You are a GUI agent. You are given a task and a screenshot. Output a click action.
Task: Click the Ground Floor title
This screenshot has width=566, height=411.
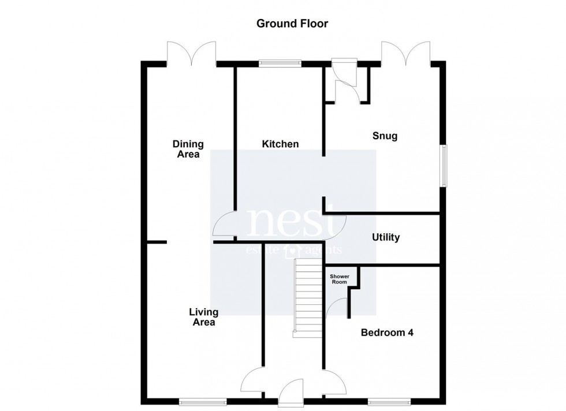292,24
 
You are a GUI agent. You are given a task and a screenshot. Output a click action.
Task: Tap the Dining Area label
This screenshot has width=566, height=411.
188,149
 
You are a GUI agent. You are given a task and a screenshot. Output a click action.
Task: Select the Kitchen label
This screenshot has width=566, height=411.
280,144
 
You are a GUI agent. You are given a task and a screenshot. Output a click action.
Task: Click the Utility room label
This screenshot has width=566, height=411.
386,237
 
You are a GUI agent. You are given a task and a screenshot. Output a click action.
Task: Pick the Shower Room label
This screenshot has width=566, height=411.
339,279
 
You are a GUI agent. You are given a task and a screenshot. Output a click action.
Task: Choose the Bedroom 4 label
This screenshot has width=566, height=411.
387,332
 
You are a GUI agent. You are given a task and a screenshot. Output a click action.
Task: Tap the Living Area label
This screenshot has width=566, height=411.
204,317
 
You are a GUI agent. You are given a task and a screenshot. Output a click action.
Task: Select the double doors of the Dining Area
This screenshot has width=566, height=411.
191,53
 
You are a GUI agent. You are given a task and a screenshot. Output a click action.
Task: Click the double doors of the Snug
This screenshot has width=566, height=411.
405,53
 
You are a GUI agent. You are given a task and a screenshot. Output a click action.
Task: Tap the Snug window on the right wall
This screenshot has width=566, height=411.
444,166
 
